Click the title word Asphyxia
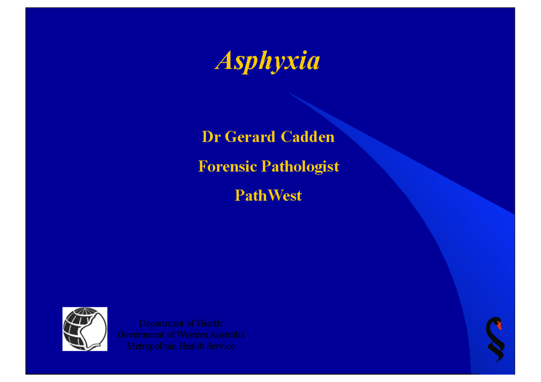coord(268,61)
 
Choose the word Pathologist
coord(300,167)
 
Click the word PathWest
coord(268,196)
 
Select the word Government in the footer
coord(140,335)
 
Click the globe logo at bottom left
coord(84,329)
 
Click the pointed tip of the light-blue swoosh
coord(290,93)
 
